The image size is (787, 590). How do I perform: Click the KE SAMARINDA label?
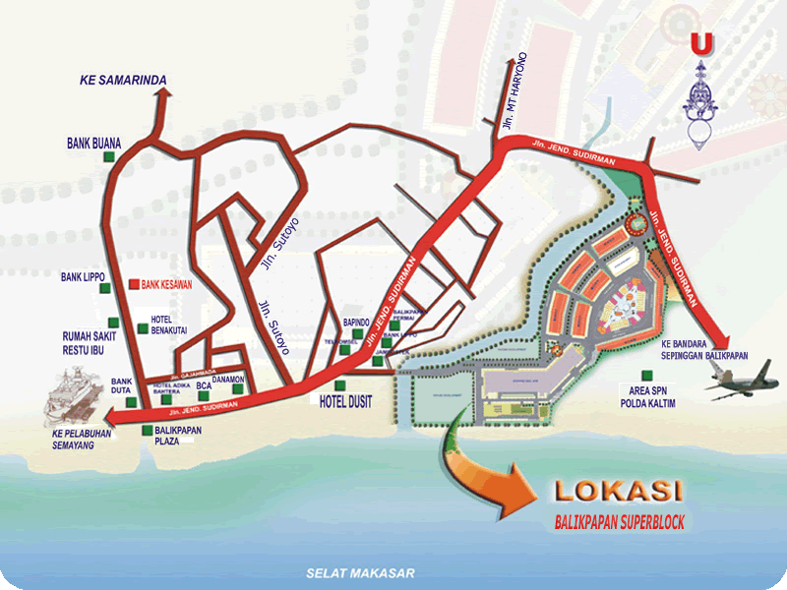point(123,80)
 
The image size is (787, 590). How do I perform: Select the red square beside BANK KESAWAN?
point(135,285)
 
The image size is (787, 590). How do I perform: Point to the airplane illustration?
point(741,381)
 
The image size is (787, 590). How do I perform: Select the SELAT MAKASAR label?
point(361,573)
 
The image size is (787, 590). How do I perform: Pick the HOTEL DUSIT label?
point(344,401)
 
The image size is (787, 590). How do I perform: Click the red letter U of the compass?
point(700,44)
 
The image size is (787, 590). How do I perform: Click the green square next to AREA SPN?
point(646,374)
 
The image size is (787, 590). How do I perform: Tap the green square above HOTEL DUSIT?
point(340,383)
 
